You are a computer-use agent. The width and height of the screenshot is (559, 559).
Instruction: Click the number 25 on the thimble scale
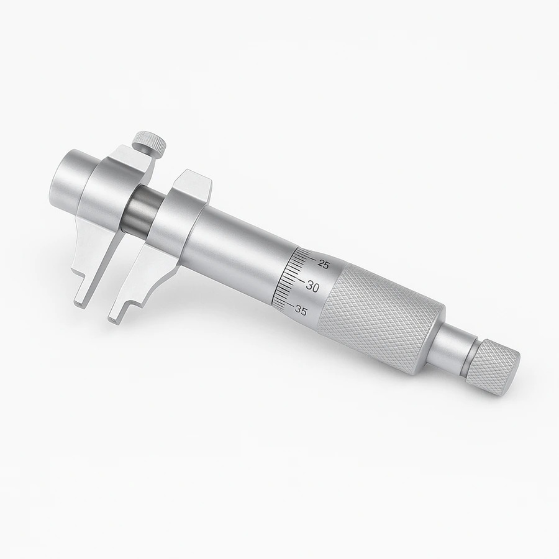pyautogui.click(x=324, y=264)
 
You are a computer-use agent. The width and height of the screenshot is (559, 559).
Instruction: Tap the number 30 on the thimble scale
pyautogui.click(x=312, y=286)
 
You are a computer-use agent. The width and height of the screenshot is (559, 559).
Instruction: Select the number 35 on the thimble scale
pyautogui.click(x=301, y=311)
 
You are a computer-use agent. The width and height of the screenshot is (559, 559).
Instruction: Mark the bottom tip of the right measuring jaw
pyautogui.click(x=114, y=319)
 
